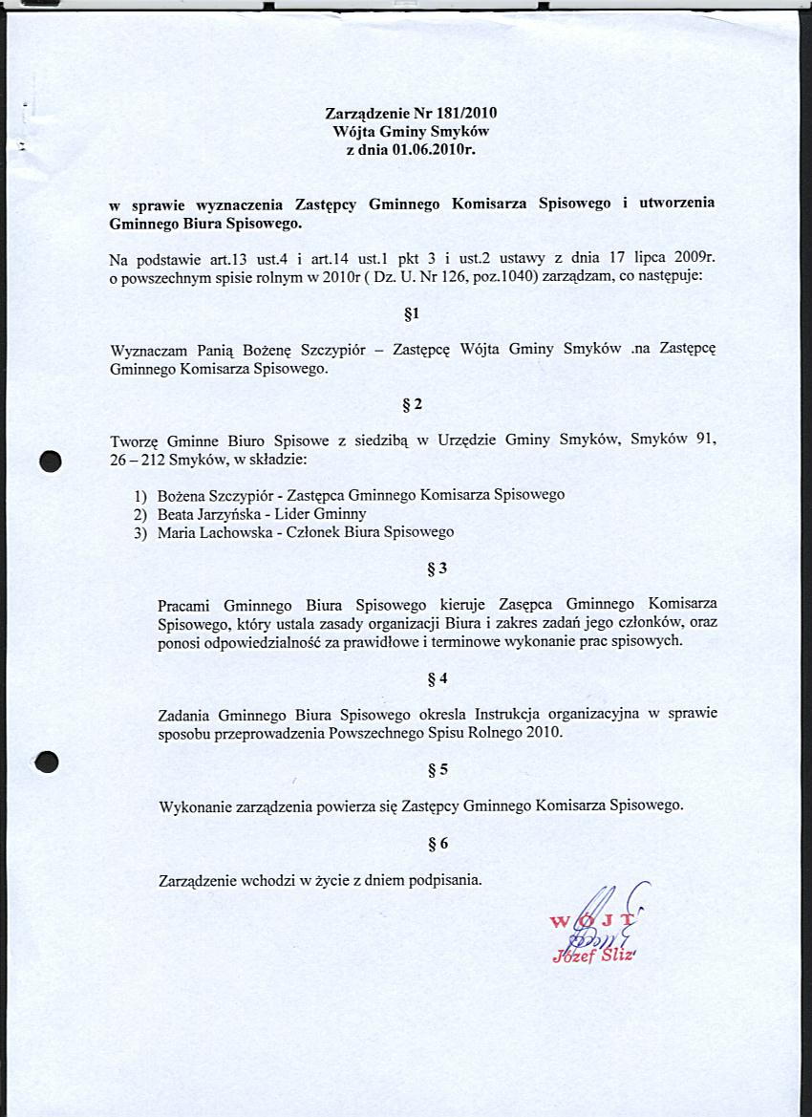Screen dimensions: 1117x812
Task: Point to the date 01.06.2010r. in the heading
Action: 435,149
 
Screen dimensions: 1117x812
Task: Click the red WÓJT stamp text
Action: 592,920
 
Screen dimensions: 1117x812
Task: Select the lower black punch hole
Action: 48,762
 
